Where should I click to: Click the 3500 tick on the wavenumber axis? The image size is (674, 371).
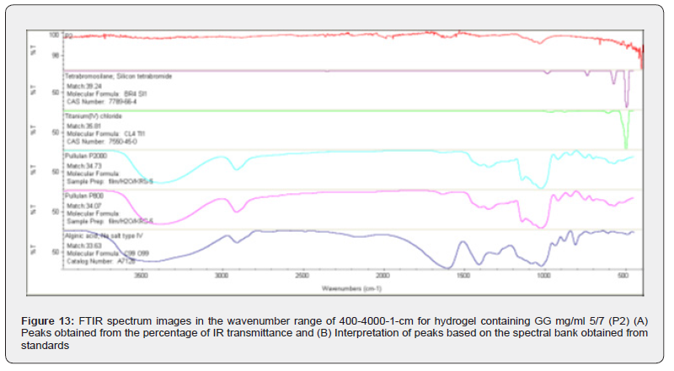point(142,274)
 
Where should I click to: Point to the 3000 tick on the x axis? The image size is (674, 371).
point(222,274)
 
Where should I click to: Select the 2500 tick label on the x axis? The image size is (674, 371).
point(302,274)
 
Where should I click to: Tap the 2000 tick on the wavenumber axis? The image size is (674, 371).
point(383,274)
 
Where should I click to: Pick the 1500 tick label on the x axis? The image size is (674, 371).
point(463,274)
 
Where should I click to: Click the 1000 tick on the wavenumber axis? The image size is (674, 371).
point(543,274)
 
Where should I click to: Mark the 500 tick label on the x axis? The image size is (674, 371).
point(623,274)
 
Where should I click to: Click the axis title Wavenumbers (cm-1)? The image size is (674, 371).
point(351,288)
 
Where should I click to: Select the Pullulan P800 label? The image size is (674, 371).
point(83,196)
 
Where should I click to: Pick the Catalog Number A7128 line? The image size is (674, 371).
point(96,261)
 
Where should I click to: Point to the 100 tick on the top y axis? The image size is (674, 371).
point(55,35)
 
